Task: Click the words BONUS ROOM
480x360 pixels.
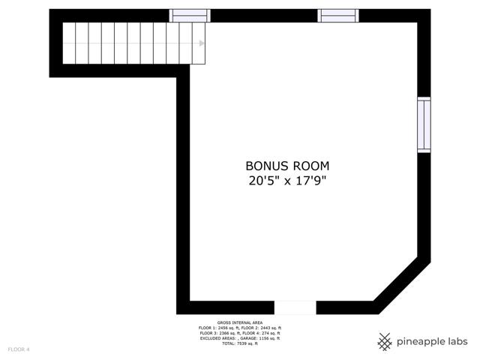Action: (x=287, y=166)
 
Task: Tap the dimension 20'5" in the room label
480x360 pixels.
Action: (x=264, y=181)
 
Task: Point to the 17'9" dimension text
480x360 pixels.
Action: (x=311, y=181)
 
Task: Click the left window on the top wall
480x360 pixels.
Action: (x=190, y=16)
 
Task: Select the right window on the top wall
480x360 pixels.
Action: (x=338, y=16)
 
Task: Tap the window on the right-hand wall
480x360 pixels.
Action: (x=424, y=124)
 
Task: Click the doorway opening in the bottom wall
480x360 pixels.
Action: (x=295, y=307)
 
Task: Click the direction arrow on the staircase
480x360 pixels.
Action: (x=202, y=43)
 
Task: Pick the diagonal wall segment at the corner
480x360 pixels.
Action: (x=402, y=285)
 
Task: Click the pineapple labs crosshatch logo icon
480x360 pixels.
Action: (x=385, y=342)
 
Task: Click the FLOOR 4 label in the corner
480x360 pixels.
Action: (x=19, y=349)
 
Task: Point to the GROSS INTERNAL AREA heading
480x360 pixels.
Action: (x=240, y=322)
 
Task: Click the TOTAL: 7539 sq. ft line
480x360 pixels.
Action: (x=240, y=343)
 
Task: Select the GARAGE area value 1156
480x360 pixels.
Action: (x=263, y=338)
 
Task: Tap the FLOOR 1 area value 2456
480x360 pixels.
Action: (x=223, y=328)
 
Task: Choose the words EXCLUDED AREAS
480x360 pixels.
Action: (x=218, y=338)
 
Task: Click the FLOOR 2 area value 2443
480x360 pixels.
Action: (x=265, y=328)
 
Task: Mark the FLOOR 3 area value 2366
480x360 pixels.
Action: (x=224, y=333)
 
